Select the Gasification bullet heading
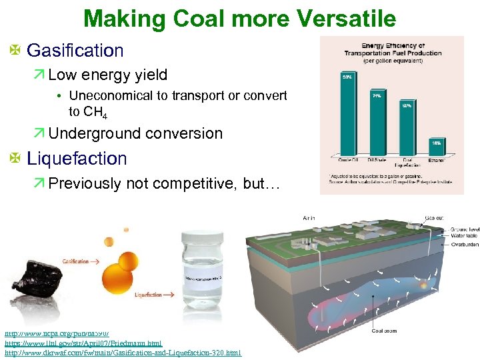(x=75, y=51)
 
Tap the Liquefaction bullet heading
(x=76, y=159)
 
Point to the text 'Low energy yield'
(x=107, y=75)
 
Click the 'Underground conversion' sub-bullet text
(x=135, y=133)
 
